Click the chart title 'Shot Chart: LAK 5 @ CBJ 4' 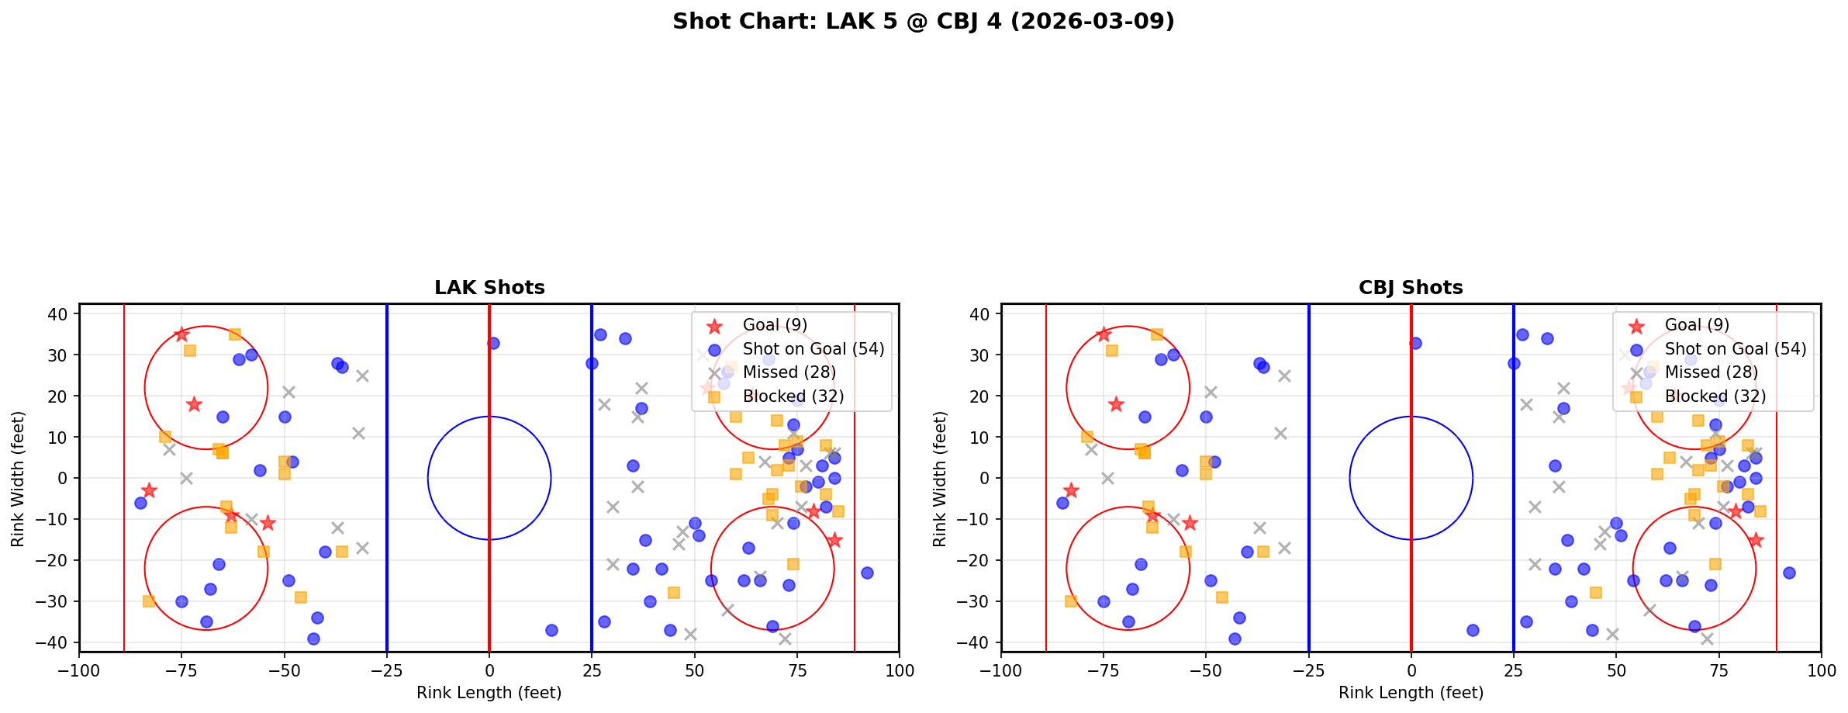point(923,22)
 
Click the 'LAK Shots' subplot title point(489,288)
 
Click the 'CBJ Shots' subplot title point(1411,288)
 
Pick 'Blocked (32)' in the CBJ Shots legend point(1715,396)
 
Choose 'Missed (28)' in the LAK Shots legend point(789,372)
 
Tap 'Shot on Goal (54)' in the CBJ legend point(1735,349)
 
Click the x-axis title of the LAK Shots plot point(489,693)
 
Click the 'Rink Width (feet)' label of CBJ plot point(940,479)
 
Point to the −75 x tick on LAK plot point(181,670)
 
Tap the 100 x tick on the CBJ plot point(1820,670)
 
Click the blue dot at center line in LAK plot point(493,343)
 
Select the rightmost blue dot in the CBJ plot point(1788,573)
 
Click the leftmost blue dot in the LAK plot point(140,503)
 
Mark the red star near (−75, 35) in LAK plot point(181,334)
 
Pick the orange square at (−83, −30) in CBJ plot point(1071,601)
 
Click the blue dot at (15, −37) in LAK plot point(551,630)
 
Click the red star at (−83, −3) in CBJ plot point(1071,490)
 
